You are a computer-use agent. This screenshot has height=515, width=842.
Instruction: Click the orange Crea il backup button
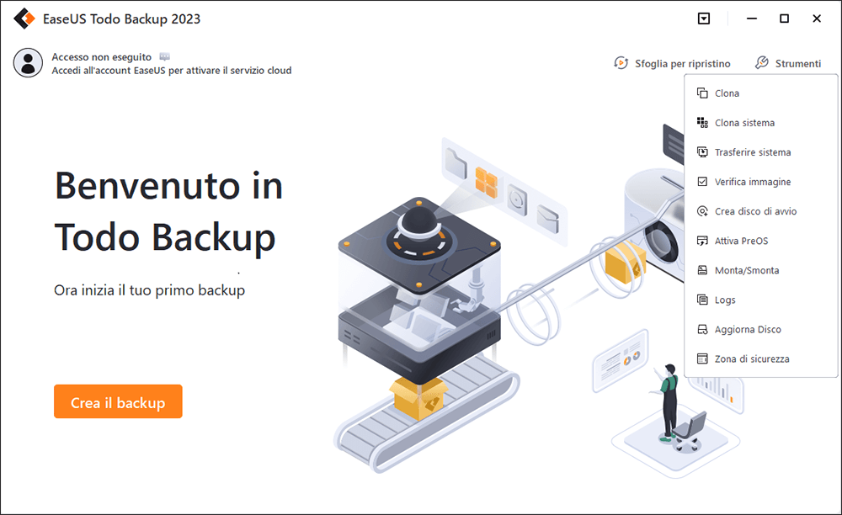(x=118, y=401)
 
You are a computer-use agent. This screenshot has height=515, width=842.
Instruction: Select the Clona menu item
(x=727, y=93)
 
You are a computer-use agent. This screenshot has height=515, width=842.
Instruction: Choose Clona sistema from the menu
(x=744, y=123)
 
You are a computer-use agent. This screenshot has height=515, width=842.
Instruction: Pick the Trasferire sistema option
(x=752, y=152)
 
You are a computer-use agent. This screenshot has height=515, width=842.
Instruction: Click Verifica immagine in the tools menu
(x=752, y=182)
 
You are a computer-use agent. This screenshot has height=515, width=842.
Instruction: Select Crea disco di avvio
(x=755, y=211)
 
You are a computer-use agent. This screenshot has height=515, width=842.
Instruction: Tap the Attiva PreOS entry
(x=741, y=241)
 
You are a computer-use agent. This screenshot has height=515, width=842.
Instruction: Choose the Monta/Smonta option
(x=746, y=270)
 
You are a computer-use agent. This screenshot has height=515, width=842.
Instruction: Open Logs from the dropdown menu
(x=725, y=300)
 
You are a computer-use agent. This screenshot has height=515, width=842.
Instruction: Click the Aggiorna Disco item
(x=748, y=329)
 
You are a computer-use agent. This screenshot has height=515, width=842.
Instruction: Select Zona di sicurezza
(x=752, y=358)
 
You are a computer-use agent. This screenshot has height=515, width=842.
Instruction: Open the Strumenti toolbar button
(x=788, y=63)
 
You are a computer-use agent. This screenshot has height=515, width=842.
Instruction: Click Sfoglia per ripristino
(x=672, y=63)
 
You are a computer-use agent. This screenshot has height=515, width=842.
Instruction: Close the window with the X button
(x=817, y=19)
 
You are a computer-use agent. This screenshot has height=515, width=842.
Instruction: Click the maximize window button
(x=785, y=19)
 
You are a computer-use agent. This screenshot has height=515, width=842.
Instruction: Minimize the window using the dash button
(x=752, y=19)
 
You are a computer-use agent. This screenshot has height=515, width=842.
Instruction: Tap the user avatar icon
(x=28, y=63)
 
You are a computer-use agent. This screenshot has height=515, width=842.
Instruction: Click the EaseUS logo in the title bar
(x=24, y=19)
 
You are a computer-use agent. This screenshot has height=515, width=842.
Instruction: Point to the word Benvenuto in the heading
(x=147, y=186)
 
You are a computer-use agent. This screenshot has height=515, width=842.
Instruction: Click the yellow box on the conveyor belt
(x=418, y=397)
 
